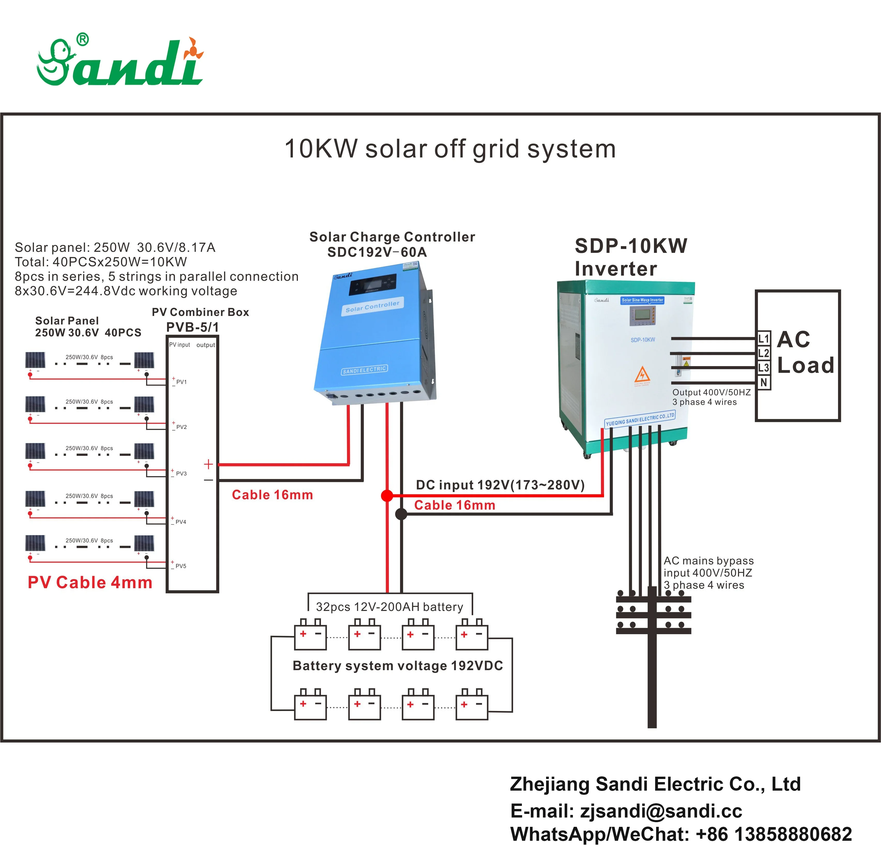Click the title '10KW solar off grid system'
(449, 149)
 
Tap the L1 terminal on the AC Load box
(764, 338)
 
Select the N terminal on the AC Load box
(764, 383)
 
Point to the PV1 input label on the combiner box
(181, 382)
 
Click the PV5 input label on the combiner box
(181, 566)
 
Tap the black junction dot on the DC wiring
(401, 514)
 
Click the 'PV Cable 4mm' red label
(90, 582)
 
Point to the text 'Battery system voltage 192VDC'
(397, 666)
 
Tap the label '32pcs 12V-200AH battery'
(389, 607)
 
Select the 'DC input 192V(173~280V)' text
(500, 485)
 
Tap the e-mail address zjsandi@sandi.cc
(661, 811)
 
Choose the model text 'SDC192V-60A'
(377, 252)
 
